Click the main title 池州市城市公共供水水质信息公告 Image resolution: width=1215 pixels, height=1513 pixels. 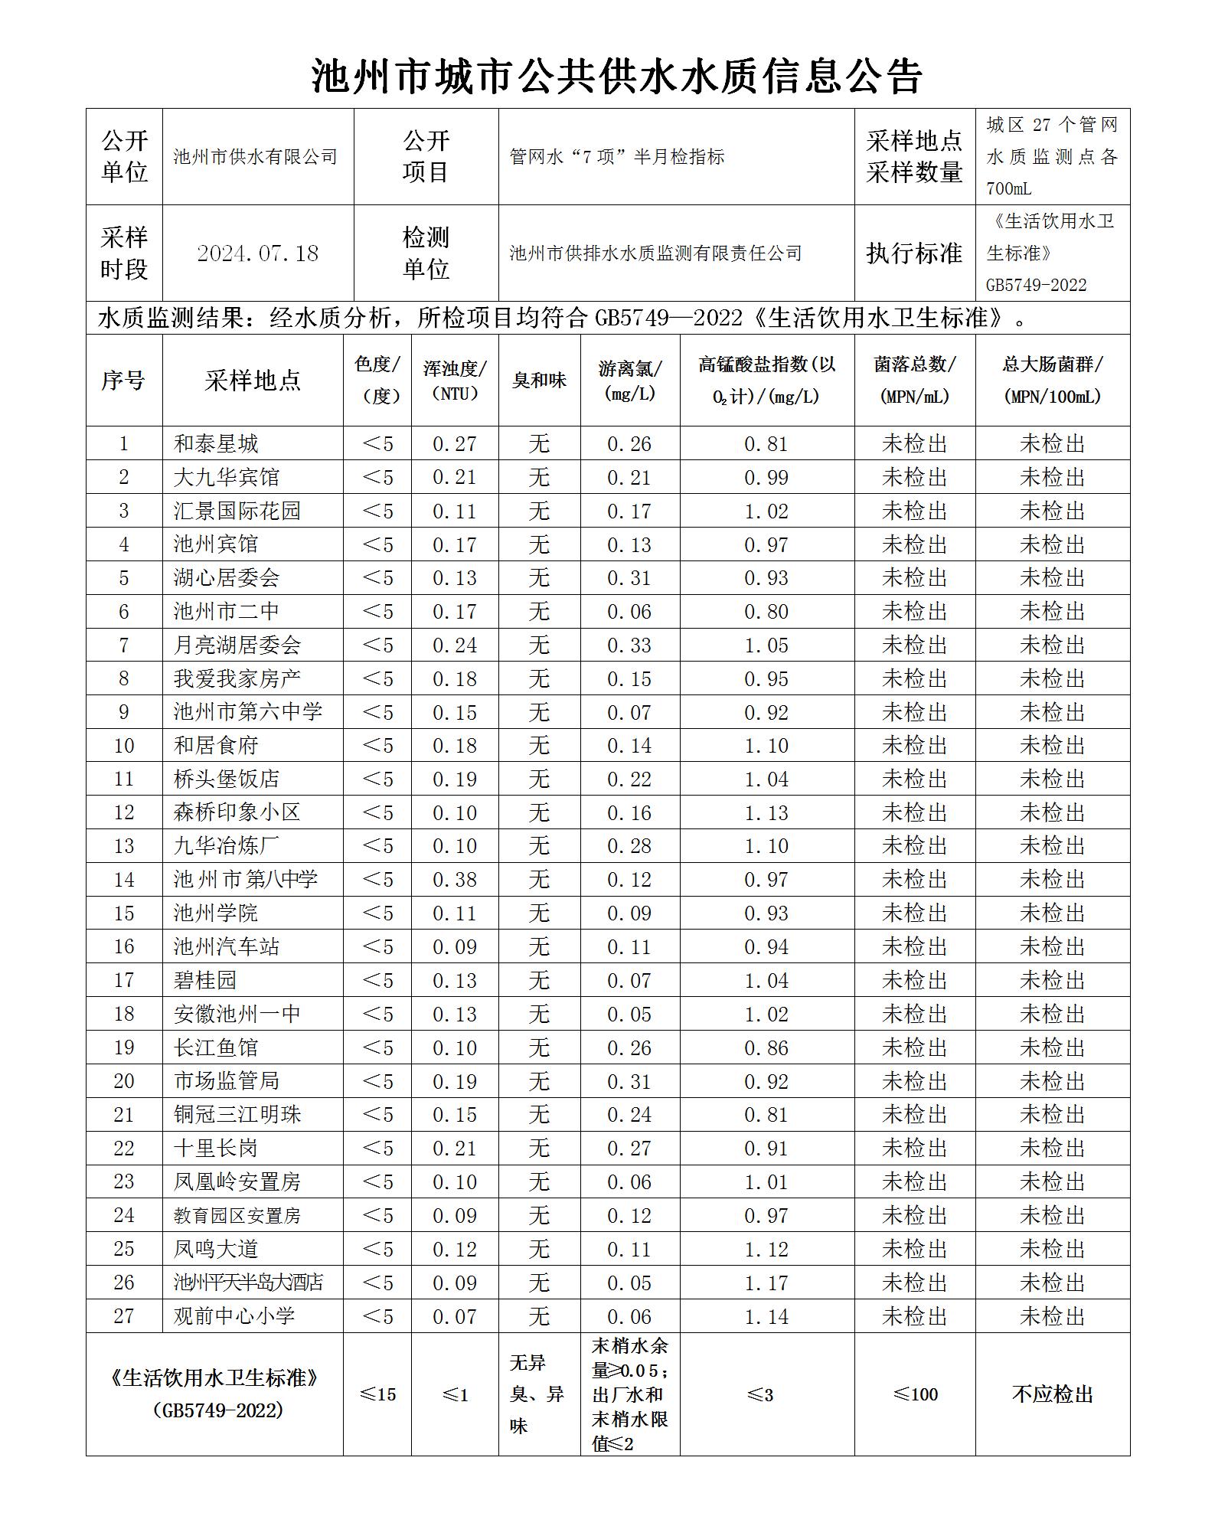[616, 76]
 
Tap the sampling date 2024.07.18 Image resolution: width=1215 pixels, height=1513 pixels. [257, 253]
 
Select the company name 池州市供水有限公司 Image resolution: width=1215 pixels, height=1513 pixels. [255, 157]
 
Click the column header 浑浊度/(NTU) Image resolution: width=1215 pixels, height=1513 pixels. [455, 381]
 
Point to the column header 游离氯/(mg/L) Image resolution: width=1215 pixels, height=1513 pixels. [629, 381]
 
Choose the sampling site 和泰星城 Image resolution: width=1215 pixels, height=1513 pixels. [216, 444]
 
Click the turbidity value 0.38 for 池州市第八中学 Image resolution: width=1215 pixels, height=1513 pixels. [455, 880]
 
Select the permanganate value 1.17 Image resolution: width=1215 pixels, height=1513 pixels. [766, 1283]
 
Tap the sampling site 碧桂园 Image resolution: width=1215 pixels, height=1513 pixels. [205, 981]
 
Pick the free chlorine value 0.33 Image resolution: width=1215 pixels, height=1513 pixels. [629, 645]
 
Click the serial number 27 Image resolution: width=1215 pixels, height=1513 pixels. [124, 1317]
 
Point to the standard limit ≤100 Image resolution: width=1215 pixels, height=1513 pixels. [915, 1395]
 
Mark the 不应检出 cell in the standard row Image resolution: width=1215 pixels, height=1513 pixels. [1053, 1395]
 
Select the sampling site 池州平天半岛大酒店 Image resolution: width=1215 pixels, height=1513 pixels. [248, 1283]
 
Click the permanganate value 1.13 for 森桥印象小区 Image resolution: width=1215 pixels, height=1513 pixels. [766, 813]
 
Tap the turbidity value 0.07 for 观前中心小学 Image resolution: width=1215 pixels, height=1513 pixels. [455, 1317]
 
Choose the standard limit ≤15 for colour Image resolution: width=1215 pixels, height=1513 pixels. [377, 1395]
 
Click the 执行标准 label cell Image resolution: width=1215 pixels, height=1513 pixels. [914, 253]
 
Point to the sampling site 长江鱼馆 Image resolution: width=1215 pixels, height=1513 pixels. [216, 1048]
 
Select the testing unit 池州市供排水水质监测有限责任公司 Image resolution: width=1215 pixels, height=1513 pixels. [655, 253]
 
